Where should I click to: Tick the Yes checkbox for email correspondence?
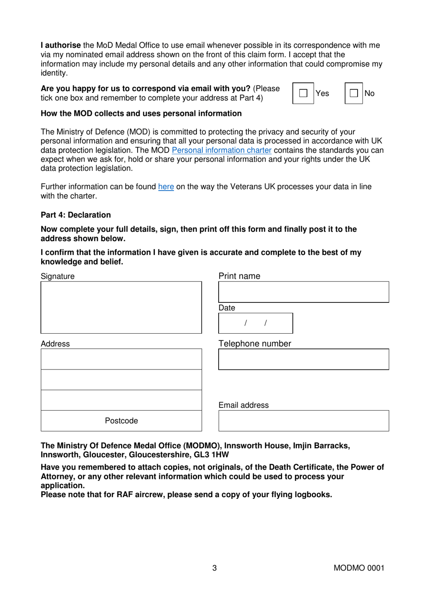click(x=303, y=93)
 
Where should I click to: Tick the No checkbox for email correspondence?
click(x=354, y=93)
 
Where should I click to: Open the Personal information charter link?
click(x=221, y=150)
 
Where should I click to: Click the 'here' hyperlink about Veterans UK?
click(x=166, y=187)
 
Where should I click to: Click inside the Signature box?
click(x=121, y=307)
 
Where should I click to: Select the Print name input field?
click(x=303, y=292)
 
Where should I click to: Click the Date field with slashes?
click(x=255, y=323)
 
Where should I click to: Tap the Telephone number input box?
click(x=303, y=359)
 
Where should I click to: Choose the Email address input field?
click(x=303, y=421)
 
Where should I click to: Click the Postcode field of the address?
click(x=121, y=421)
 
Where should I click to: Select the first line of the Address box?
click(x=121, y=359)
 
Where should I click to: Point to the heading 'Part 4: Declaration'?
click(x=76, y=215)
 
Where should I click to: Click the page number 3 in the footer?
click(x=215, y=568)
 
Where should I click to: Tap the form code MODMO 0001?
click(x=358, y=568)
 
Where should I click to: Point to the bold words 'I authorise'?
click(x=61, y=45)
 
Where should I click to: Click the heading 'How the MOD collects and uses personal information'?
click(x=141, y=114)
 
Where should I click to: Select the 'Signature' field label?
click(x=57, y=276)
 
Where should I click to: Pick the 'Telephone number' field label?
click(x=254, y=344)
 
